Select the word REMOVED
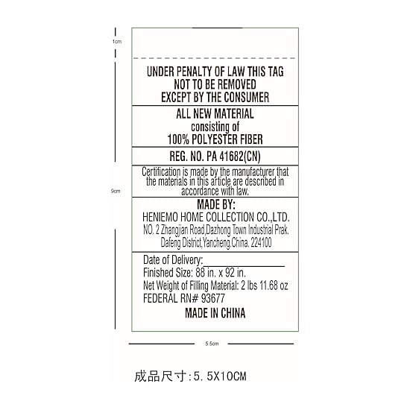pos(237,84)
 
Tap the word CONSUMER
pos(246,97)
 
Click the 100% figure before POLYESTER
pos(178,139)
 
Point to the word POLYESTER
pos(214,139)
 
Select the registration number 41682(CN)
pos(240,157)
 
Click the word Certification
pos(161,171)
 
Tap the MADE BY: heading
pos(216,204)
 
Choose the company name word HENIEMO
pos(160,217)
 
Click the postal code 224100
pos(261,243)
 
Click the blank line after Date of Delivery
pos(244,266)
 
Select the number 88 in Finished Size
pos(200,273)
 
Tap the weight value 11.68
pos(268,286)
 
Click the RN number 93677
pos(213,298)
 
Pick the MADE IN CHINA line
pos(215,313)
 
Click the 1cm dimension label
pos(117,41)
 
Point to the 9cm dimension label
pos(116,191)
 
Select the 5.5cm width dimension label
pos(212,344)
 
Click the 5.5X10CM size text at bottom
pos(220,376)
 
